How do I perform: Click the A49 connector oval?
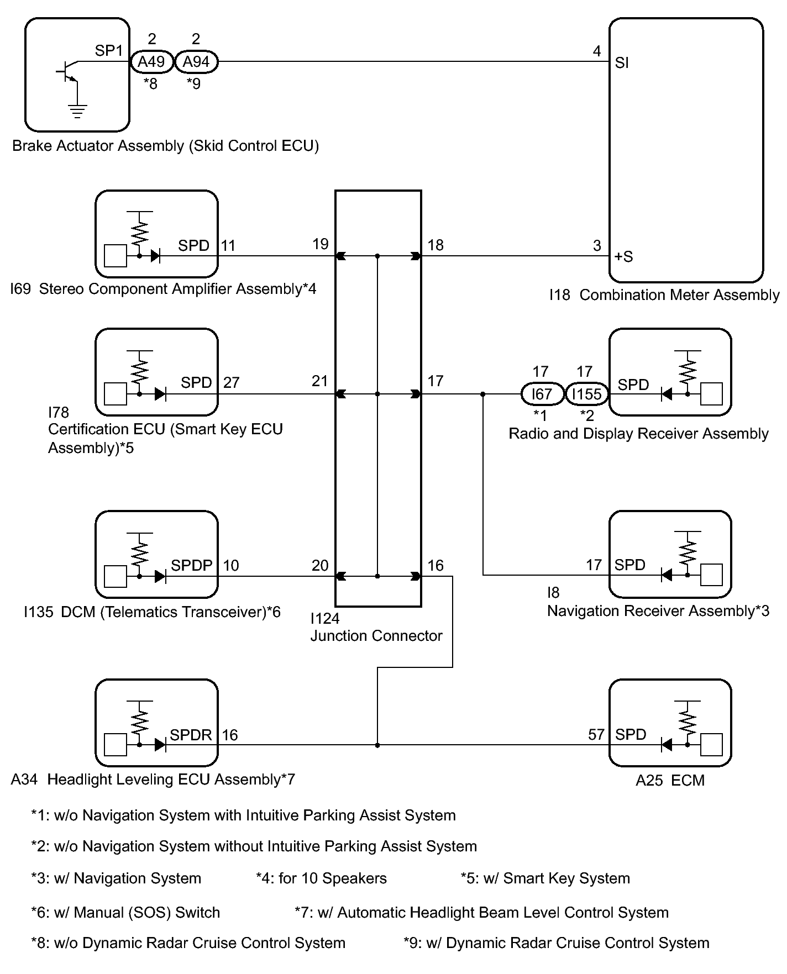coord(151,62)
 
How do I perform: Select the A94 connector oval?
coord(196,62)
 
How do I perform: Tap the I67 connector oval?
coord(542,394)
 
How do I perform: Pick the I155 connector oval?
coord(587,394)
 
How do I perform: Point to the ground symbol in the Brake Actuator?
coord(77,111)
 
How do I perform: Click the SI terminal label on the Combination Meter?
coord(622,63)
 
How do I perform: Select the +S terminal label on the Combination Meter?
coord(623,257)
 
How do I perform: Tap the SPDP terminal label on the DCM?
coord(192,565)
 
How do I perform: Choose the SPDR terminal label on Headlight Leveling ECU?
coord(191,735)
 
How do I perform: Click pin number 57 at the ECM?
coord(596,735)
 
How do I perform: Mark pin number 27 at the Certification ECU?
coord(231,382)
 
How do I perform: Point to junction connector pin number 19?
coord(321,244)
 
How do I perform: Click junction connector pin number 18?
coord(436,245)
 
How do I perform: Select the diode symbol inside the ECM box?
coord(667,745)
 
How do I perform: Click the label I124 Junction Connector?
coord(376,627)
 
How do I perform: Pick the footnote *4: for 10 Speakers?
coord(321,878)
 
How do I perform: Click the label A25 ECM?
coord(670,780)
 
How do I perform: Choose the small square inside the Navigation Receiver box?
coord(711,575)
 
